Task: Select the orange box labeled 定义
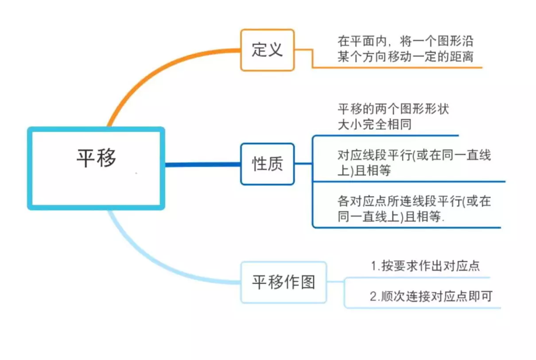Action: coord(267,50)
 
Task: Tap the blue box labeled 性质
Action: coord(267,164)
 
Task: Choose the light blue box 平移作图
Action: coord(284,282)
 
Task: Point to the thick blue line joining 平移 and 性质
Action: coord(202,165)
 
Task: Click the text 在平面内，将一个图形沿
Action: coord(405,42)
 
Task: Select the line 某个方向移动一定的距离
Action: coord(405,57)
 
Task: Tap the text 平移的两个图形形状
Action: coord(393,109)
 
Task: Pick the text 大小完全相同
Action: coord(374,124)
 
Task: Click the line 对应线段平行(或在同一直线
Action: coord(414,155)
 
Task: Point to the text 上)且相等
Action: coord(364,171)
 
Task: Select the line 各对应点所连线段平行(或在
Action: coord(414,202)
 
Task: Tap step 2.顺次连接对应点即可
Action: coord(431,296)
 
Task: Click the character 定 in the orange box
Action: coord(259,50)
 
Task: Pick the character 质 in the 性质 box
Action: coord(275,164)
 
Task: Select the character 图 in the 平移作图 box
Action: coord(307,282)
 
